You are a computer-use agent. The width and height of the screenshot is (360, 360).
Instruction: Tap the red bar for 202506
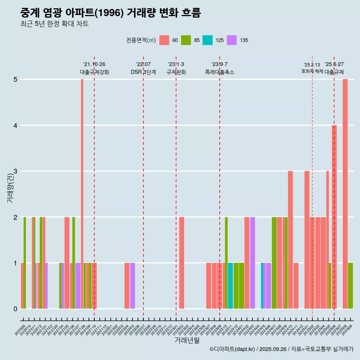(334, 217)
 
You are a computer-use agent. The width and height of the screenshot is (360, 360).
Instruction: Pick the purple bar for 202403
(252, 262)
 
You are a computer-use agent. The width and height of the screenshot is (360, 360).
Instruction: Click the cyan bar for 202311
(230, 286)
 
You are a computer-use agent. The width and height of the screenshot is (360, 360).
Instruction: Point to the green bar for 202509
(350, 286)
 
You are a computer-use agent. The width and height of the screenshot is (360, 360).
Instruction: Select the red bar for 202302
(181, 262)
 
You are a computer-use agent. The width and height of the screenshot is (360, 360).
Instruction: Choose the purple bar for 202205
(132, 286)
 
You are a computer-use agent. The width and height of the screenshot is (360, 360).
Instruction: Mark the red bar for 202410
(290, 240)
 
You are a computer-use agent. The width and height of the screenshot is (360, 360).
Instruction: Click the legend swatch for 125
(207, 40)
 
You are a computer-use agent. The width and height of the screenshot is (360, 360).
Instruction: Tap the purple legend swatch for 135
(232, 40)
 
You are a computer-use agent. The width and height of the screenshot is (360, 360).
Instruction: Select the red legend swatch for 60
(164, 40)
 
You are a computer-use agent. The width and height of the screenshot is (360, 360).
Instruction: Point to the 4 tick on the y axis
(15, 126)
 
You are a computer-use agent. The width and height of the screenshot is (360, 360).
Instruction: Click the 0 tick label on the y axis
(15, 309)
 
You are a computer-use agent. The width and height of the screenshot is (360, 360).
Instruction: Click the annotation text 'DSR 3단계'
(143, 72)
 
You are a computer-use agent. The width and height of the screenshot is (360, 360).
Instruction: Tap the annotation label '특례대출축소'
(220, 72)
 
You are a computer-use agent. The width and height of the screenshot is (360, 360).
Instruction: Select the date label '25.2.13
(312, 65)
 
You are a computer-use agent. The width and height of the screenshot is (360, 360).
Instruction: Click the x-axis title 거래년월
(187, 340)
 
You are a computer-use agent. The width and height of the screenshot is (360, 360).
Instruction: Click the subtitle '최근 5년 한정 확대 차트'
(54, 24)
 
